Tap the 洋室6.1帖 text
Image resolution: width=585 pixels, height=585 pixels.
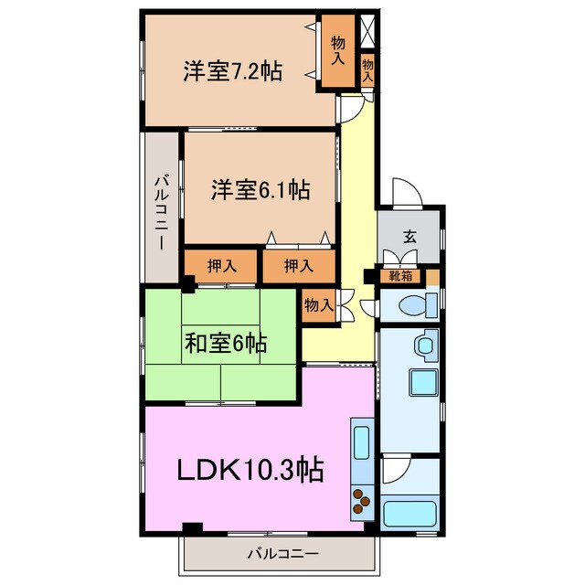click(261, 190)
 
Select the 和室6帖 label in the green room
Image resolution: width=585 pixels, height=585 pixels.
click(226, 344)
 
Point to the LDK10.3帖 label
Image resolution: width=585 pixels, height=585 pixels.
click(249, 470)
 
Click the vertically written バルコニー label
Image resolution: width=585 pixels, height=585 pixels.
click(161, 209)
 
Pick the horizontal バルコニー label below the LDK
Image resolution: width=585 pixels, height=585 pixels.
click(282, 553)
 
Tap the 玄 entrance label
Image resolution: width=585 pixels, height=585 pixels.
click(409, 237)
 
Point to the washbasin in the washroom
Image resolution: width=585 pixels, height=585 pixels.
click(424, 346)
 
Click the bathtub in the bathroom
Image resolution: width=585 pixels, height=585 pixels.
click(409, 513)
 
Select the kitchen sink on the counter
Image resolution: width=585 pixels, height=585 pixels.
click(360, 441)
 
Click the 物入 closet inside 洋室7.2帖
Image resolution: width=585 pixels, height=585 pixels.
click(337, 51)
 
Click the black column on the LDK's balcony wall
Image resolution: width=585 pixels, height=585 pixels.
click(191, 528)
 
